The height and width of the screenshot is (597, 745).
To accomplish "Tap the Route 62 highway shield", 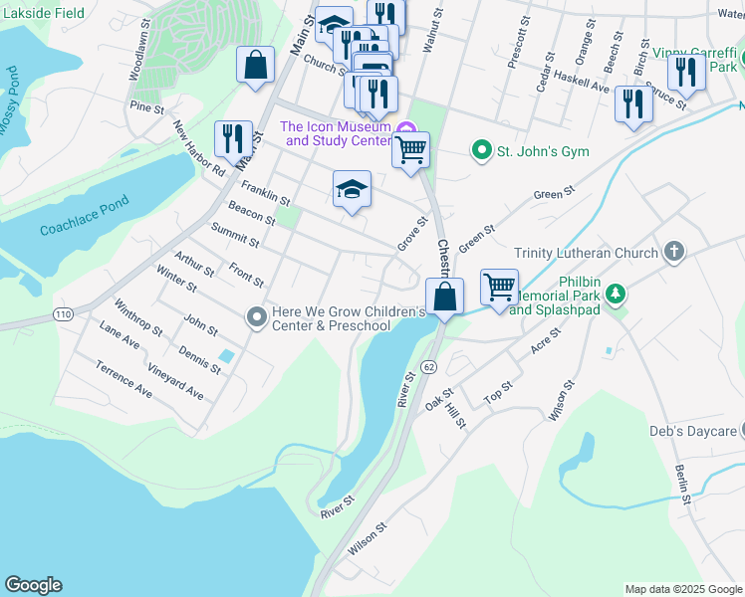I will (427, 366).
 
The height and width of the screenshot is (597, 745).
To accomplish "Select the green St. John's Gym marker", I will (482, 151).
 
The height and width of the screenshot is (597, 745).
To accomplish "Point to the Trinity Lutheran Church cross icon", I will (674, 253).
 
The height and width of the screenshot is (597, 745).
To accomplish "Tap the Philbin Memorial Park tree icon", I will (617, 293).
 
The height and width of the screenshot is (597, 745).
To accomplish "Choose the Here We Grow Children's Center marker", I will (256, 317).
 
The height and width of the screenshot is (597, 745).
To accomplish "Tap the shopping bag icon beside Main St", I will (256, 66).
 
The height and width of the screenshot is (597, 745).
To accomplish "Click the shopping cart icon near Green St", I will (500, 287).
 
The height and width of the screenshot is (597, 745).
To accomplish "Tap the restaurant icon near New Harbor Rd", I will (233, 138).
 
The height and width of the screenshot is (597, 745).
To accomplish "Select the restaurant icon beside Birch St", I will (633, 103).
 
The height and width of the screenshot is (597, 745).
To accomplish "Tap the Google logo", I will (33, 585).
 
